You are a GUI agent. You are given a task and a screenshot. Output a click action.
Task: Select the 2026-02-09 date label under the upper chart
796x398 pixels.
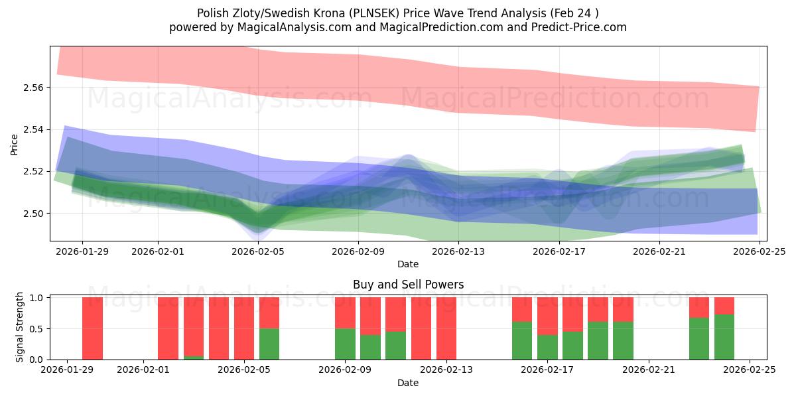pyautogui.click(x=358, y=252)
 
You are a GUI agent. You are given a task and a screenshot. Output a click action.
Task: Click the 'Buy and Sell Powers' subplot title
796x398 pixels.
pyautogui.click(x=407, y=285)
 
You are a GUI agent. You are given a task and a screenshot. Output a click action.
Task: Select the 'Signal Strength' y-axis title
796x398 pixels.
pyautogui.click(x=20, y=327)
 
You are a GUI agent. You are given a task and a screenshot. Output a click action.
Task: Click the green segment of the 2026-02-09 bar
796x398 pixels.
pyautogui.click(x=345, y=344)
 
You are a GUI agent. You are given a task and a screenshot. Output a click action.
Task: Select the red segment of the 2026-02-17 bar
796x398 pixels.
pyautogui.click(x=547, y=316)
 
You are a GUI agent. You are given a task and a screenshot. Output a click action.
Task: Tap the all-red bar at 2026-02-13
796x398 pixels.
pyautogui.click(x=446, y=328)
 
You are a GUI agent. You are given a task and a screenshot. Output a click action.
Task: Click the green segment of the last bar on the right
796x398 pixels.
pyautogui.click(x=724, y=337)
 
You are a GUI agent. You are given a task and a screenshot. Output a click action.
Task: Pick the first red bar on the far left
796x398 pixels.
pyautogui.click(x=92, y=328)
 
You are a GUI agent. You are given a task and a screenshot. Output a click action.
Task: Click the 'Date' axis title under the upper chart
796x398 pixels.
pyautogui.click(x=407, y=264)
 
